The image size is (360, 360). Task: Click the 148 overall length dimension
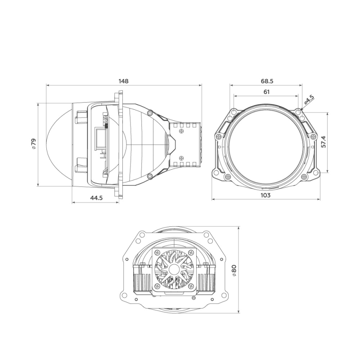tap(124, 81)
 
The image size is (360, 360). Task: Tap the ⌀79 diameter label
tap(33, 144)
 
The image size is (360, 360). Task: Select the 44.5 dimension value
tap(96, 198)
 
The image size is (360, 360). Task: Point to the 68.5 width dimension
tap(267, 81)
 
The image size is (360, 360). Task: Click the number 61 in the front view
tap(266, 92)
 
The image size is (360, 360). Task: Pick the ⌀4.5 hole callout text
tap(309, 99)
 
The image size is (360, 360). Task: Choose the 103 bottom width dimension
tap(265, 195)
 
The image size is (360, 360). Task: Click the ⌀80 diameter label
tap(234, 271)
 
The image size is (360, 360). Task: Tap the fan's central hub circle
tap(174, 270)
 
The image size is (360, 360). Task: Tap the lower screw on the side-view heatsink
tap(181, 157)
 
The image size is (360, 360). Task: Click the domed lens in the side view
tap(58, 144)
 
